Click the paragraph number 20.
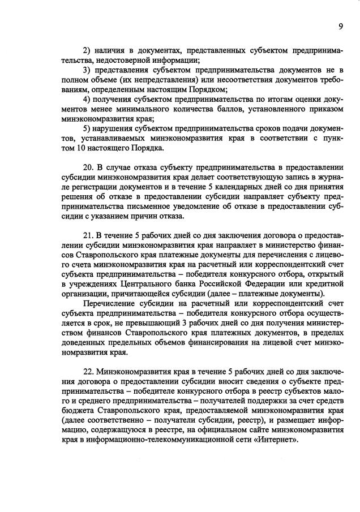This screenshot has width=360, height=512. [88, 168]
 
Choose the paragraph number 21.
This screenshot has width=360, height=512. [88, 234]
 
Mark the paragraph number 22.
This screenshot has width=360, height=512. [88, 372]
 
